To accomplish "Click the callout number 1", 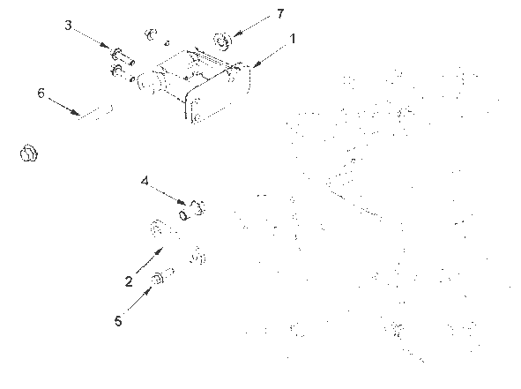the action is click(293, 39).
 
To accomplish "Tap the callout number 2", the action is click(129, 281).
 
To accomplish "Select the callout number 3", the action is click(68, 26).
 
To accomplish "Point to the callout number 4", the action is click(145, 182).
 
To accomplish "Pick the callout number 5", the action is click(118, 321).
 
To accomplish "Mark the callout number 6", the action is click(41, 94).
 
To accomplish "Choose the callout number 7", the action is click(280, 13).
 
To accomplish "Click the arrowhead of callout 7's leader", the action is click(236, 34).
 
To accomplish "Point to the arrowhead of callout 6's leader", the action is click(76, 113).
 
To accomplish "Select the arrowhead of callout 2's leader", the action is click(160, 251).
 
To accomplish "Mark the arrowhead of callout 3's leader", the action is click(105, 46).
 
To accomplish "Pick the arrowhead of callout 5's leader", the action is click(148, 291).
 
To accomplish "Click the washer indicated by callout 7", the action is click(222, 41).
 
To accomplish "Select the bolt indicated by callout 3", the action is click(122, 57).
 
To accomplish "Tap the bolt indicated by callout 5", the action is click(162, 276).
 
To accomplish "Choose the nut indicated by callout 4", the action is click(197, 207).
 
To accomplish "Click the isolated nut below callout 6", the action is click(29, 153).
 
